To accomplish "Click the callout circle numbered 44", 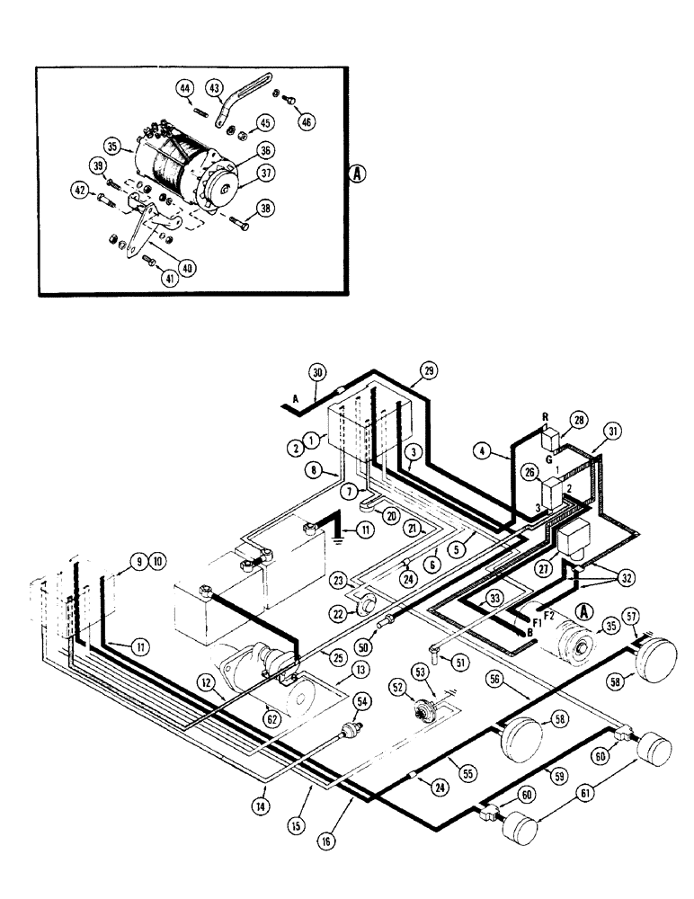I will (x=184, y=88).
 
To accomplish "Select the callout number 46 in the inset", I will (x=308, y=121).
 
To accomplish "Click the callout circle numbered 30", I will (x=316, y=372).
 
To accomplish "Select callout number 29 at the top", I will (x=428, y=370).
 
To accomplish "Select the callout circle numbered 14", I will (x=261, y=807).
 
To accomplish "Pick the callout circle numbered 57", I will (x=632, y=617).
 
